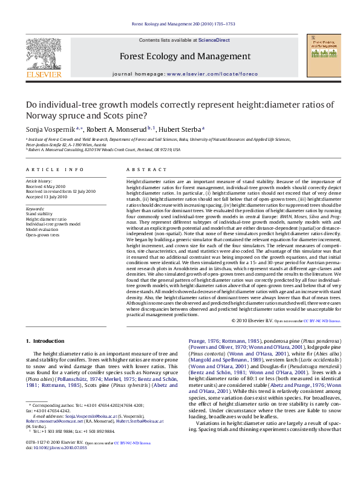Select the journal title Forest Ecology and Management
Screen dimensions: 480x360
pos(180,57)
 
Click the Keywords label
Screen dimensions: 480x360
pos(36,209)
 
